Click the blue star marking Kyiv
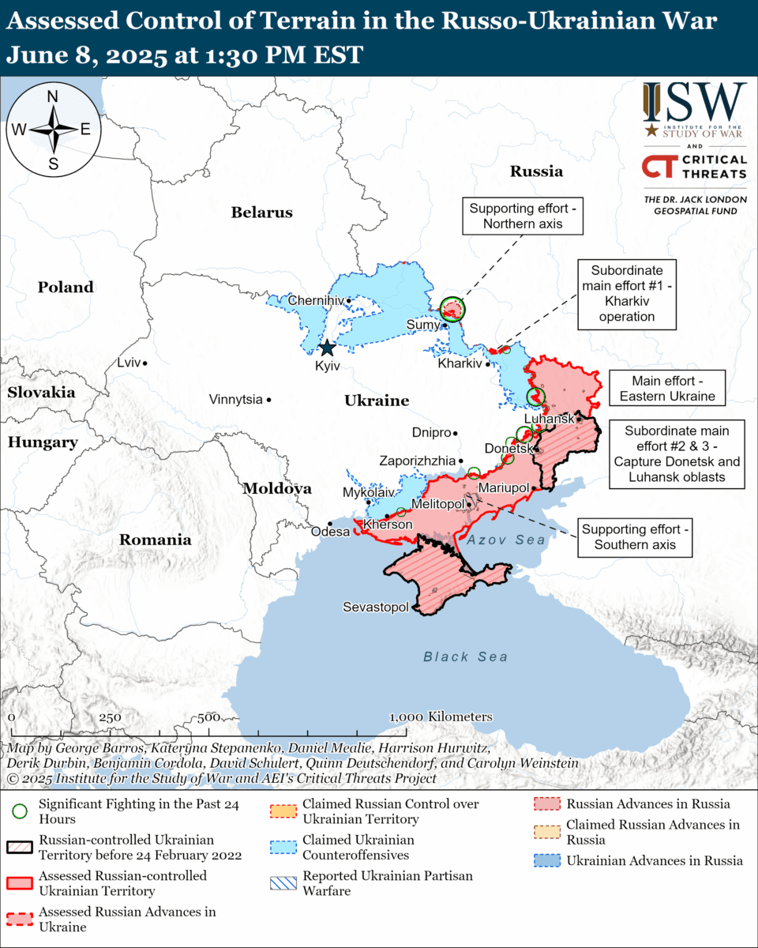[x=326, y=348]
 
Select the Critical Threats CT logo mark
[x=657, y=167]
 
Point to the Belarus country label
[x=261, y=213]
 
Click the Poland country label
[x=66, y=288]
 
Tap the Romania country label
[x=155, y=540]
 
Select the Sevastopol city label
[x=376, y=608]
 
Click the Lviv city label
[x=127, y=363]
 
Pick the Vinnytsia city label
[x=235, y=400]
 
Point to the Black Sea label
[x=465, y=656]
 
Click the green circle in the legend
[x=20, y=811]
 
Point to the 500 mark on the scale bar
[x=208, y=717]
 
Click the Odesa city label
[x=331, y=532]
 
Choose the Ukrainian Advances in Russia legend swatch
[x=546, y=861]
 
